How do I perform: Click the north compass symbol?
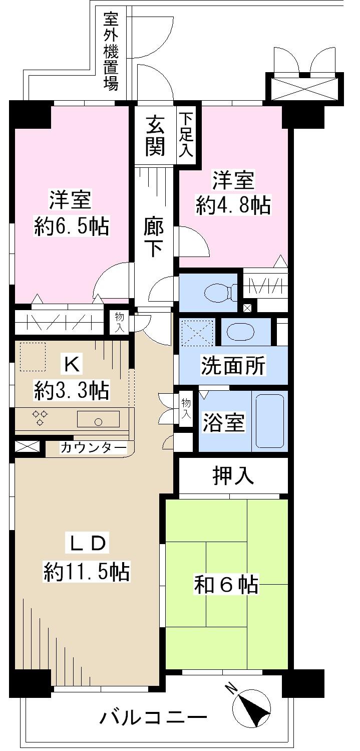coord(251,707)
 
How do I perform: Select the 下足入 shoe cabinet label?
coord(187,135)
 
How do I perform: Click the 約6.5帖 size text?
coord(72,226)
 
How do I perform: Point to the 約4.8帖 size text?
coord(233,206)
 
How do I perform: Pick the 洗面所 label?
coord(233,366)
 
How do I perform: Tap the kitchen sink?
coord(98,419)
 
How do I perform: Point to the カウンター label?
coord(93,447)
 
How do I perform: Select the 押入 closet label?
coord(233,476)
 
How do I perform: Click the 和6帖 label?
coord(226,585)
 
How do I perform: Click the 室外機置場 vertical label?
coord(111,51)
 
